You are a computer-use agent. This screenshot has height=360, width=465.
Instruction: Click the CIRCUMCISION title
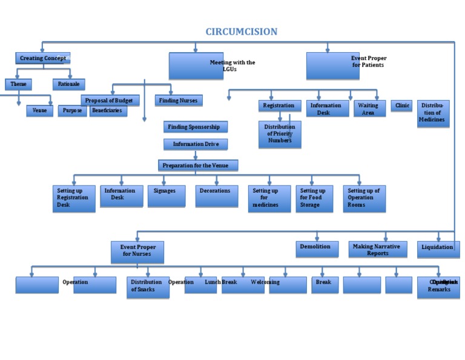241,32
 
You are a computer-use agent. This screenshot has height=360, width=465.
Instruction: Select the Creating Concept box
42,58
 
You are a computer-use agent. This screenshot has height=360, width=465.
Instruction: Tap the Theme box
18,84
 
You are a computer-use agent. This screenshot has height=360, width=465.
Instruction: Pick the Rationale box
68,84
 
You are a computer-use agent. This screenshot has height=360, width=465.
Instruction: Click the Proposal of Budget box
110,100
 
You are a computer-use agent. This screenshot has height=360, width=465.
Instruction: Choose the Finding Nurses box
179,101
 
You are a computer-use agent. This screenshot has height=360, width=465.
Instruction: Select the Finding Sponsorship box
196,127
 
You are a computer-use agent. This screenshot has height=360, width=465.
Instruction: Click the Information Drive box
196,144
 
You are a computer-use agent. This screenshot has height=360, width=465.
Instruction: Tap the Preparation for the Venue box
198,165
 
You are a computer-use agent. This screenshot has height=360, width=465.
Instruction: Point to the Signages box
166,196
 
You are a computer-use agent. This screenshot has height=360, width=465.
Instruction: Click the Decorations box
216,196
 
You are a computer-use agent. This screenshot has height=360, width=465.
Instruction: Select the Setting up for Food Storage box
314,198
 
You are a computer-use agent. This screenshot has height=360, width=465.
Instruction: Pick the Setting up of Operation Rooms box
364,198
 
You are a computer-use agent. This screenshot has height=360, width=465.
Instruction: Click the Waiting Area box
369,108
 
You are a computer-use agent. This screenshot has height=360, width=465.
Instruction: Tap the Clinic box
401,106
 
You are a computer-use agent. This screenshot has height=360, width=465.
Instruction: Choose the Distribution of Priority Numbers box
280,135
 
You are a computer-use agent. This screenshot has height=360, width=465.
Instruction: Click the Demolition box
317,248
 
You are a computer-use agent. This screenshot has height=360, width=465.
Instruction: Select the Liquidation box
438,249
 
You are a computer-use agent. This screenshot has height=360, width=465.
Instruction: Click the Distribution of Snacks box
148,287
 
